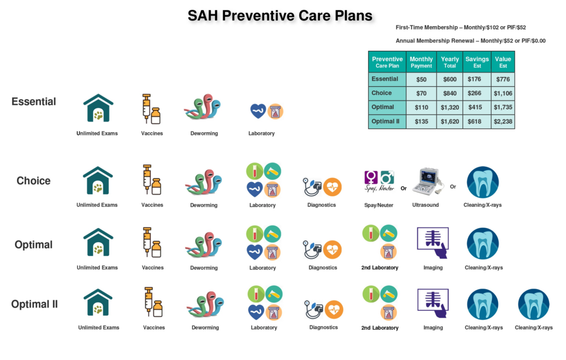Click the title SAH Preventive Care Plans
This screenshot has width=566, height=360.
[280, 15]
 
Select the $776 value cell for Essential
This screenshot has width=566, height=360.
[502, 79]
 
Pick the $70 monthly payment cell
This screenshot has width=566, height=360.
[421, 93]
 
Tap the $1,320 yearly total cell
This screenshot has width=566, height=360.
[449, 107]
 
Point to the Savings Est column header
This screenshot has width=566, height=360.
[476, 62]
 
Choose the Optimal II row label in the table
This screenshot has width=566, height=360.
[387, 122]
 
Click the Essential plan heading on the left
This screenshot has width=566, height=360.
[34, 102]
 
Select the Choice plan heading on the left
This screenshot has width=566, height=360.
[34, 181]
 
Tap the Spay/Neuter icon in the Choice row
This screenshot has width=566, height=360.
[379, 181]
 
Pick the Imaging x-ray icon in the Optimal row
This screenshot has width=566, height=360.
[433, 243]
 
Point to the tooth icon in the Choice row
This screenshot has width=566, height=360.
[483, 182]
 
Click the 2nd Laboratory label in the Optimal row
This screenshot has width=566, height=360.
[379, 268]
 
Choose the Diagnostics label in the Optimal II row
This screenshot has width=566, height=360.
[323, 327]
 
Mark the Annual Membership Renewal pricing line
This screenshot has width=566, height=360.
[471, 41]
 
